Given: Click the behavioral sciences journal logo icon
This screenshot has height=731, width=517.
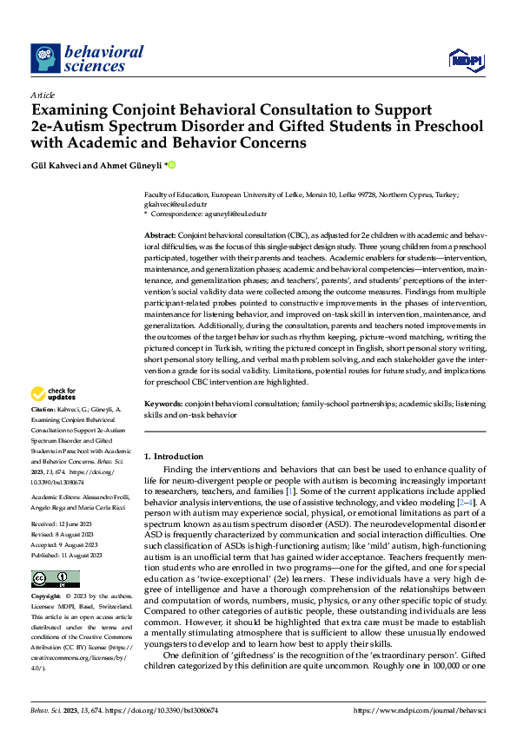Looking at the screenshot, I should (x=45, y=59).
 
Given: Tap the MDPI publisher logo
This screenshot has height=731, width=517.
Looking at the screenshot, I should (x=465, y=59).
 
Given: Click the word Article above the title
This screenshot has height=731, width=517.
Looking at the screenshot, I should (x=42, y=94).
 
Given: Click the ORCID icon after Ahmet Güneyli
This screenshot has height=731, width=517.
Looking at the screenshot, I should (x=171, y=164).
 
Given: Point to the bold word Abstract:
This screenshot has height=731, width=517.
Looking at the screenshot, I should (x=159, y=236).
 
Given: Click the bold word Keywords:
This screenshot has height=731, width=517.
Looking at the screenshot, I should (x=162, y=404).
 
